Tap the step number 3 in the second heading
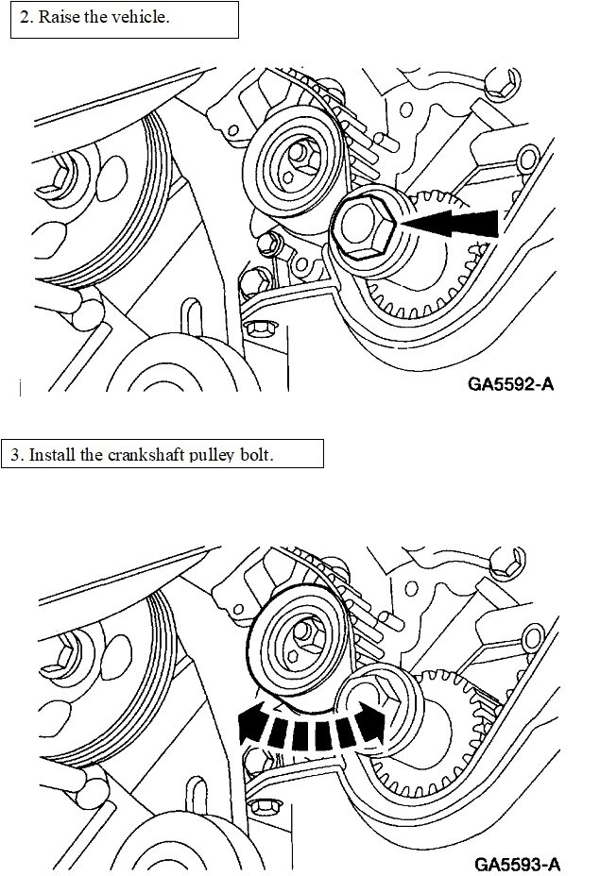tap(16, 454)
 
